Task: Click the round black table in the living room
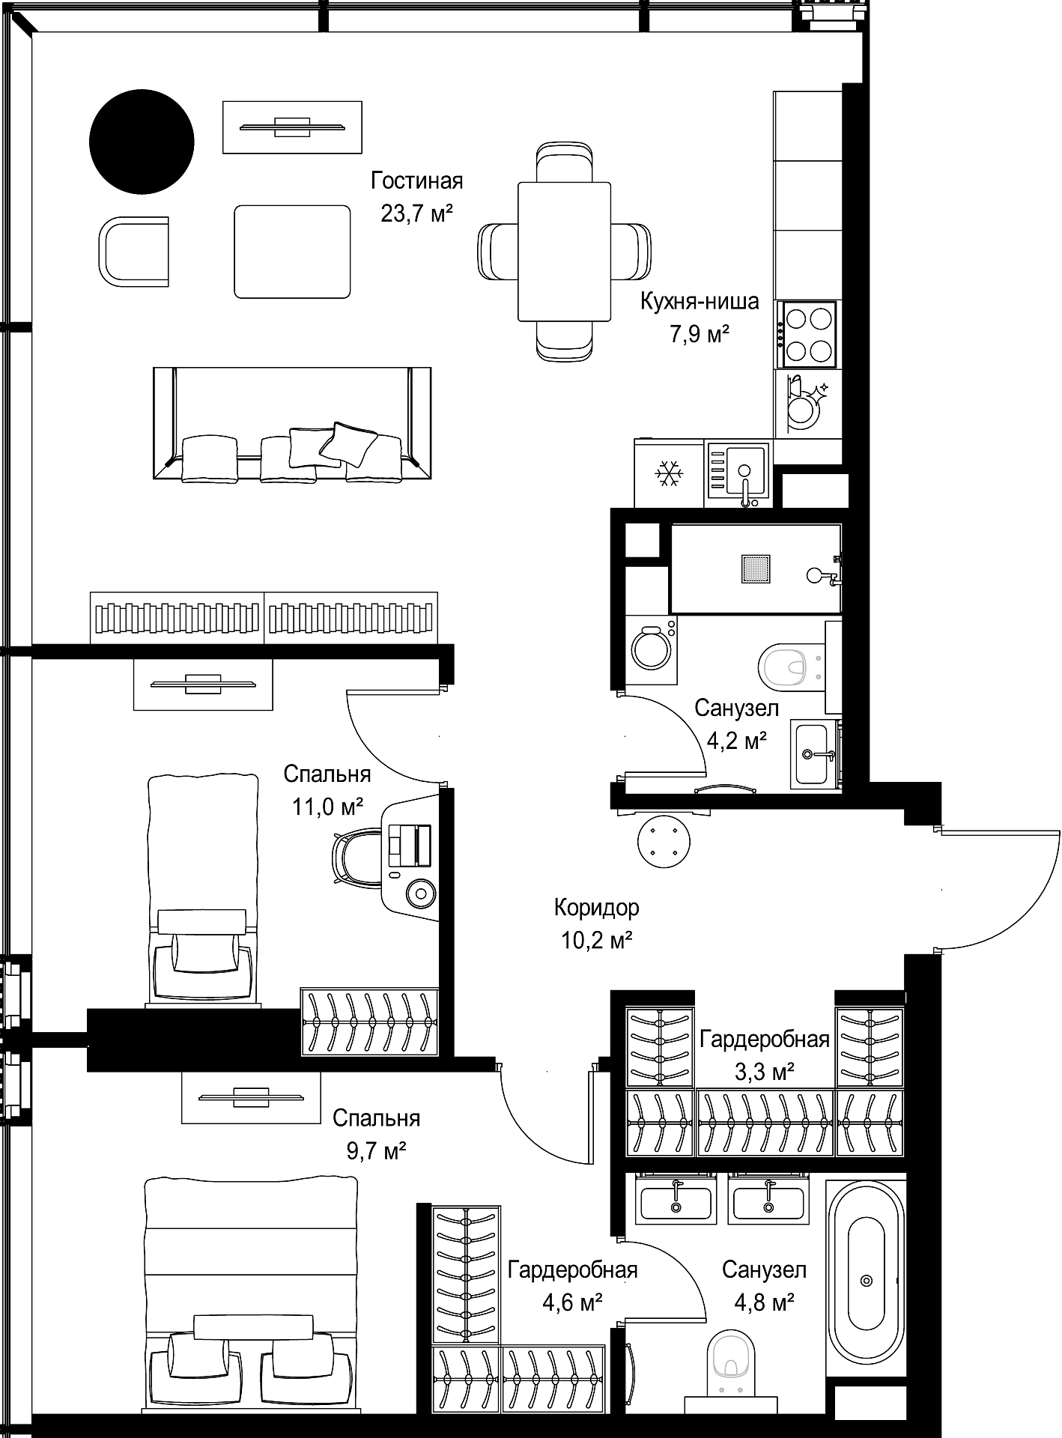[x=142, y=142]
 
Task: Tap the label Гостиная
[x=417, y=181]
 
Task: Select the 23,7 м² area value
[x=417, y=214]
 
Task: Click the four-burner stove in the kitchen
[x=808, y=334]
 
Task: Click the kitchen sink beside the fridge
[x=738, y=473]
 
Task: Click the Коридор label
[x=597, y=908]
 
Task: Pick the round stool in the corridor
[x=664, y=841]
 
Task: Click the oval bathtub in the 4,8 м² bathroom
[x=867, y=1280]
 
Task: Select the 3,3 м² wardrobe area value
[x=764, y=1072]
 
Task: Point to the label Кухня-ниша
[x=700, y=301]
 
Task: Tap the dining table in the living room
[x=565, y=252]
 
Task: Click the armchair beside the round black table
[x=134, y=251]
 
